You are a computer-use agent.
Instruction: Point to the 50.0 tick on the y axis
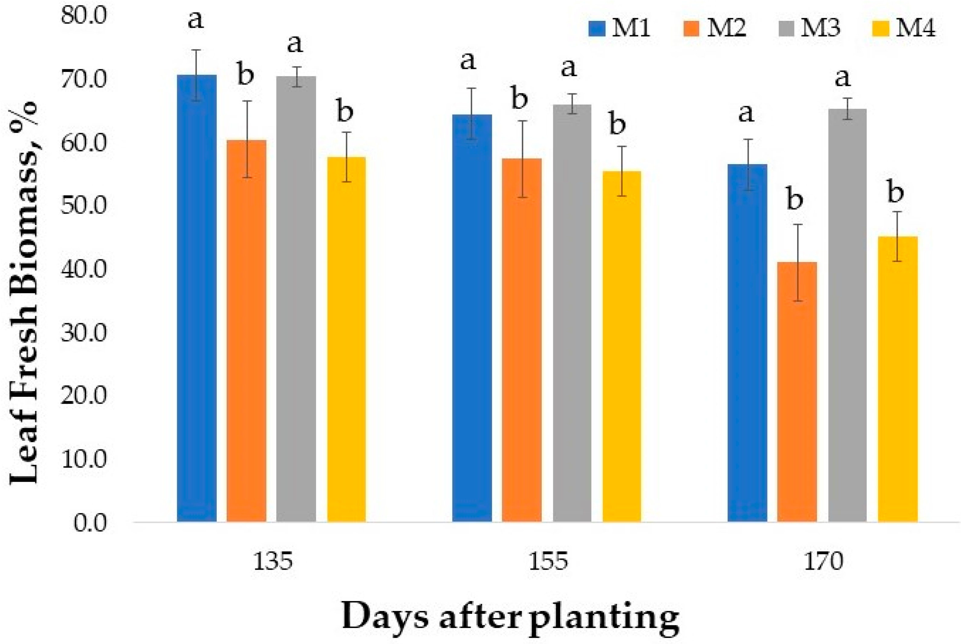tap(83, 205)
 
